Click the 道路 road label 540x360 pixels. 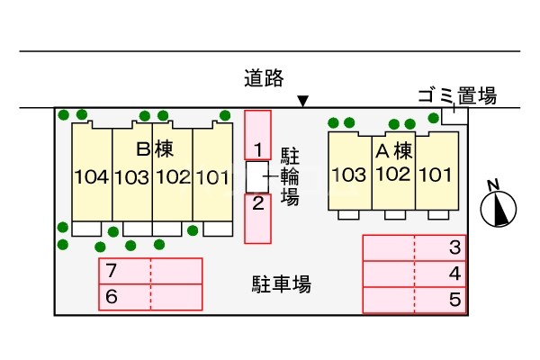point(264,78)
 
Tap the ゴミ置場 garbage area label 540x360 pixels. point(457,96)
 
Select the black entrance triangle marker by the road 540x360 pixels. point(303,101)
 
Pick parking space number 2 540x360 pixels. point(257,202)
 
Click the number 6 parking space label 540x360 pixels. point(112,296)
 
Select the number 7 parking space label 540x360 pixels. point(112,271)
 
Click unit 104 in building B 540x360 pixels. point(92,176)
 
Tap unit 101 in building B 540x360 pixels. point(212,176)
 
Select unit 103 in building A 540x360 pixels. point(349,174)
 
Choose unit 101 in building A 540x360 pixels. point(436,174)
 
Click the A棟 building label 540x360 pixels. point(393,148)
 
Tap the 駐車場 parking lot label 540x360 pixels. point(281,285)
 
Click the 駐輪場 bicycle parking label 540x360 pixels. point(290,175)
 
